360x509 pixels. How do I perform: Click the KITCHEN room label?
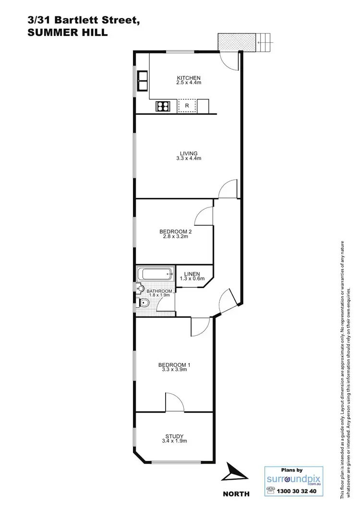[189, 78]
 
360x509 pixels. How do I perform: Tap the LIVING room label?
[189, 154]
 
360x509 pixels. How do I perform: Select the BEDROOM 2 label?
[172, 231]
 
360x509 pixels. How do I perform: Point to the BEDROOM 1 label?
[172, 365]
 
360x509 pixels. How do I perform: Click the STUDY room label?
[174, 436]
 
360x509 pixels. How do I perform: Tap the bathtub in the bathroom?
[156, 275]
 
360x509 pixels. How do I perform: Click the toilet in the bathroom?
[145, 303]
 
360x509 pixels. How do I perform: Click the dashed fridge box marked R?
[187, 106]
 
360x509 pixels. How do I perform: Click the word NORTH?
[236, 494]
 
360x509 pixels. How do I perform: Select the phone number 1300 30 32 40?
[301, 492]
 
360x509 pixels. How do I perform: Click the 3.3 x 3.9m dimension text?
[172, 370]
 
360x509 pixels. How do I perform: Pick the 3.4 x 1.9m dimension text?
[174, 441]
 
